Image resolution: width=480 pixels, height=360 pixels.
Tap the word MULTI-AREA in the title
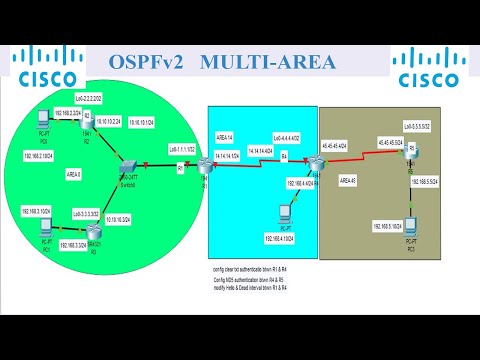tap(268, 63)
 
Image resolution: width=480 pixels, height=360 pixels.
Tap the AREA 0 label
tap(72, 173)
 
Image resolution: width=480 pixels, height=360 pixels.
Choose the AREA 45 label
tap(348, 180)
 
